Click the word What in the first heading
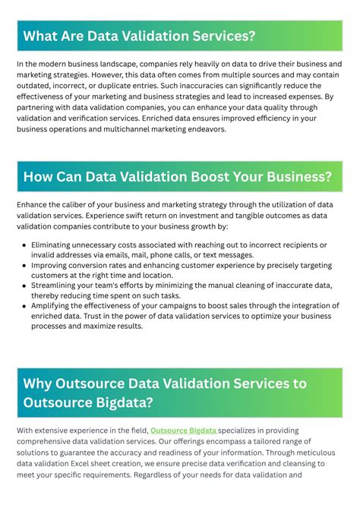tap(42, 36)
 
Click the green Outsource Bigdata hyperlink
tap(183, 431)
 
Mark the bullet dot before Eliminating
tap(24, 245)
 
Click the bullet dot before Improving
tap(24, 267)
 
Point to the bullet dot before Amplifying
tap(24, 304)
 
